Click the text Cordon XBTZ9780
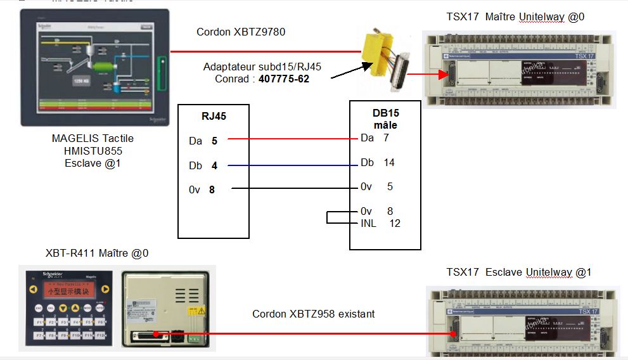pos(241,32)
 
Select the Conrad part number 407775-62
pos(285,79)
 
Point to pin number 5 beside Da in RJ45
pos(214,141)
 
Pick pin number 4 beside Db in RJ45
pos(214,165)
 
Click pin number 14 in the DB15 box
pos(388,163)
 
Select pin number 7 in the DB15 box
pos(386,138)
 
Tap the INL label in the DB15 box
pos(368,223)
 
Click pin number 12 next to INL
pos(395,223)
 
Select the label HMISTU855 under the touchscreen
pos(93,151)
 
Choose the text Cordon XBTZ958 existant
pos(313,314)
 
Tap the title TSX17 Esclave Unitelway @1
pos(518,273)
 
